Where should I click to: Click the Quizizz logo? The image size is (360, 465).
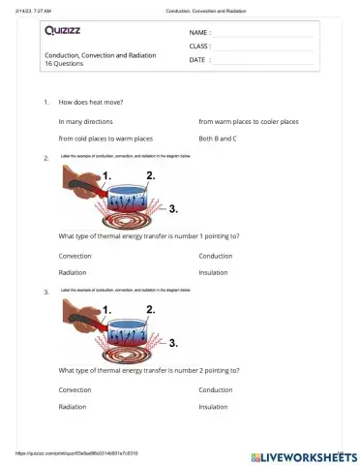tap(65, 30)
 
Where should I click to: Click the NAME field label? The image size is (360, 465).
tap(199, 33)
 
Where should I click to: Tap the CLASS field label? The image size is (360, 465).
tap(199, 46)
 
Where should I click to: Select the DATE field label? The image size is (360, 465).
tap(198, 59)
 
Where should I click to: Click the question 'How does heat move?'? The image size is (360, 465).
tap(91, 102)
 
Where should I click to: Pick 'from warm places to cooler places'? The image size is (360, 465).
tap(248, 122)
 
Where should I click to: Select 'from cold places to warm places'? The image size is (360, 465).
tap(105, 139)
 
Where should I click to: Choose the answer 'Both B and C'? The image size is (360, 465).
tap(218, 139)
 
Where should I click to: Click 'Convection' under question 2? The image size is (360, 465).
tap(75, 256)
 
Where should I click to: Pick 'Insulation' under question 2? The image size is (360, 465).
tap(213, 272)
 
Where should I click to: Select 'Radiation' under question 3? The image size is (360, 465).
tap(73, 407)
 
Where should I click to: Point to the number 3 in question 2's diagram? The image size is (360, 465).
tap(172, 207)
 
